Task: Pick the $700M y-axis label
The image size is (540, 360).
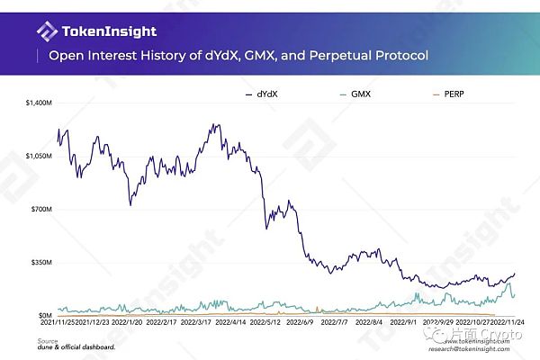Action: click(x=42, y=210)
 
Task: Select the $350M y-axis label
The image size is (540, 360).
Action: click(x=42, y=263)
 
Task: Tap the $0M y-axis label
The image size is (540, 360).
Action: click(x=45, y=315)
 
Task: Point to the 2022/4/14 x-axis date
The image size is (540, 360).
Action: click(x=222, y=321)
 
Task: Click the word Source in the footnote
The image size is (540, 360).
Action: click(x=48, y=340)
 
